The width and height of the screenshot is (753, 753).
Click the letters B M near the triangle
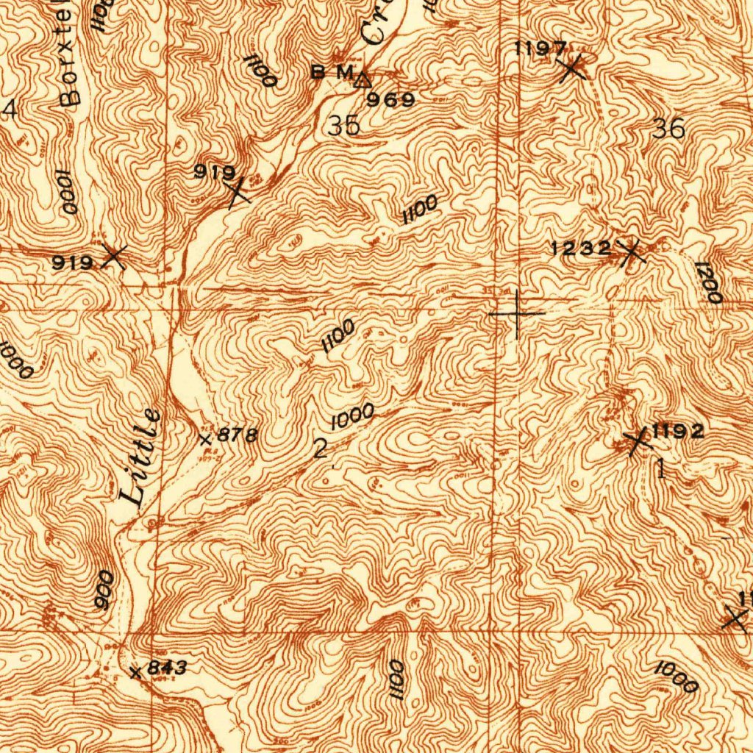[x=332, y=72]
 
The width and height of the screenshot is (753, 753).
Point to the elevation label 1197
[x=540, y=50]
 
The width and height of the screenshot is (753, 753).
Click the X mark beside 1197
[x=571, y=69]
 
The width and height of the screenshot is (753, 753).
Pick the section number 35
[x=344, y=126]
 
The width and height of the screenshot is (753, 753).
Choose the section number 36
[x=668, y=129]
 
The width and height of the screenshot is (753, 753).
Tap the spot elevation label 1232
[x=581, y=249]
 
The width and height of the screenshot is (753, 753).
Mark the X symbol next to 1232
[x=631, y=253]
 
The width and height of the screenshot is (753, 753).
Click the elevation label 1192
[x=678, y=432]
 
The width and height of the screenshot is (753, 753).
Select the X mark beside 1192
[x=637, y=442]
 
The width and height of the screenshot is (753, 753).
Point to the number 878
[x=237, y=435]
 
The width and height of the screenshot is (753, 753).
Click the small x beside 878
[x=206, y=439]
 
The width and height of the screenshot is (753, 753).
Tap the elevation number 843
[x=167, y=668]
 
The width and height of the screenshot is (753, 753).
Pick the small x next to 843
[x=135, y=672]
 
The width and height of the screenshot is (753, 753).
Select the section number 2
[x=321, y=449]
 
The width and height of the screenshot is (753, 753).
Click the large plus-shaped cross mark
[x=517, y=314]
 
